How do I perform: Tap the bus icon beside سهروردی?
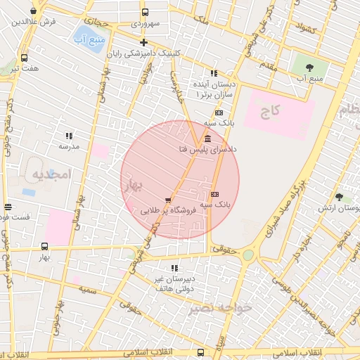click(x=145, y=13)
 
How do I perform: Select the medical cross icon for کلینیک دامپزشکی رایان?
click(x=143, y=43)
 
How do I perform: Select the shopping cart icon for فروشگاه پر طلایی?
click(x=167, y=200)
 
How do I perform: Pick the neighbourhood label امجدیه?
click(x=52, y=176)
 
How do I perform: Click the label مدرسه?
click(x=68, y=146)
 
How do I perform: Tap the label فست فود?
click(x=14, y=217)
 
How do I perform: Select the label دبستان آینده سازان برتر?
click(x=215, y=88)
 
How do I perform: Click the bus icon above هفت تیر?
click(x=25, y=58)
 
